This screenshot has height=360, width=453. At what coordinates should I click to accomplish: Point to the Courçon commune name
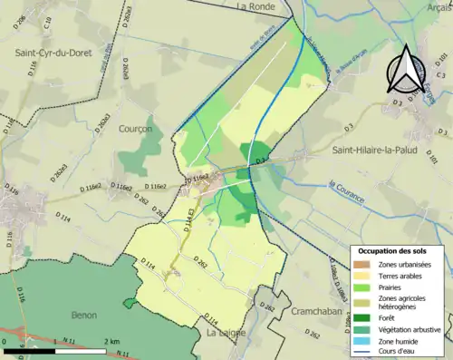135,130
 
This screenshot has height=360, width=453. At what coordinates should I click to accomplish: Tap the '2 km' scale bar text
108,341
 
